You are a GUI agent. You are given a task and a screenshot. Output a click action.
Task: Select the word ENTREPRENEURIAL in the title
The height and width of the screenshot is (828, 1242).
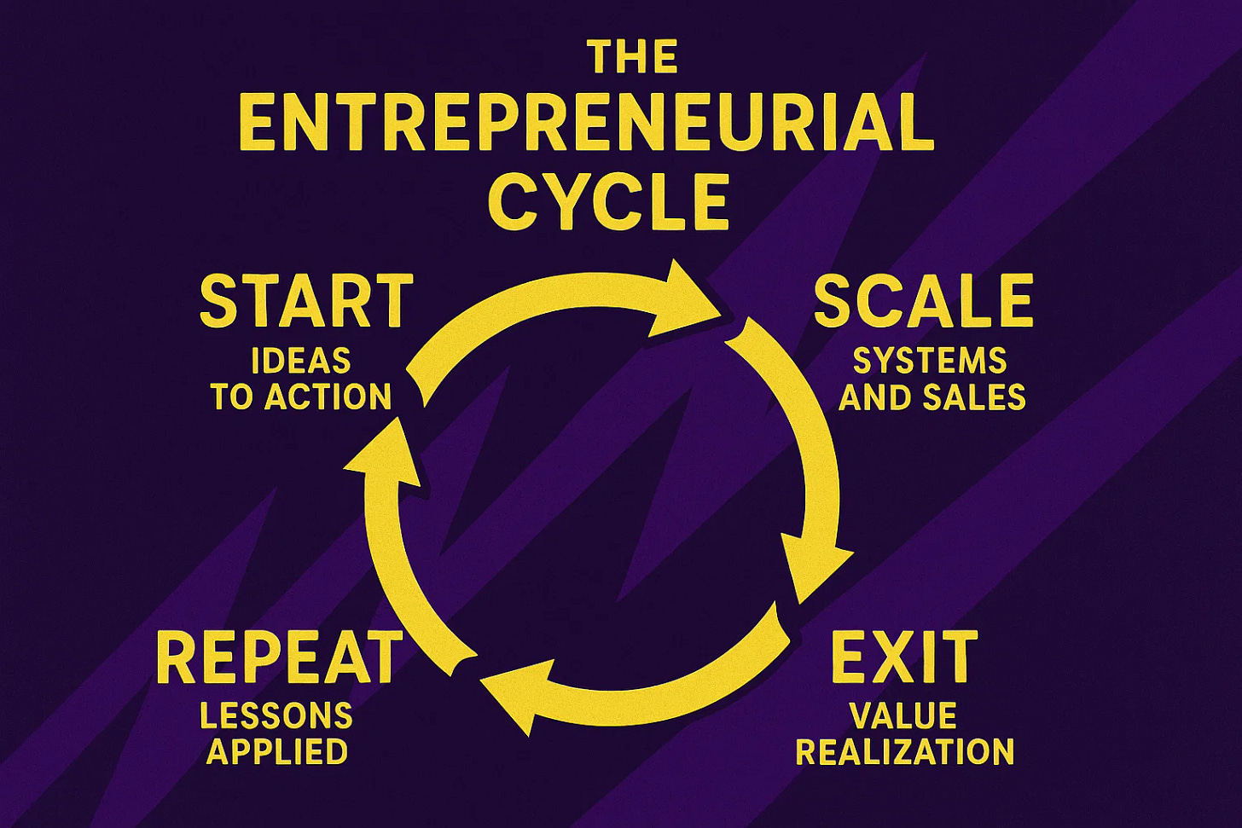pyautogui.click(x=588, y=124)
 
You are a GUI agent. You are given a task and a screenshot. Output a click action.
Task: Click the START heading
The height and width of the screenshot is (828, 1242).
pyautogui.click(x=306, y=303)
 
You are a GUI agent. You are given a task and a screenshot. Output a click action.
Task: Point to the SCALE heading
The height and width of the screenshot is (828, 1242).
pyautogui.click(x=923, y=303)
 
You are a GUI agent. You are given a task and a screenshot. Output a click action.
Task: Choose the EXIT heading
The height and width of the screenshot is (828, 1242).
pyautogui.click(x=904, y=657)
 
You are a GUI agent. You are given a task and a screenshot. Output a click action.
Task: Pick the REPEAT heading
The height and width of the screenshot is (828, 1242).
pyautogui.click(x=279, y=657)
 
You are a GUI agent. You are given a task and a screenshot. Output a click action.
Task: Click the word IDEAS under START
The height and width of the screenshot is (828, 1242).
pyautogui.click(x=301, y=362)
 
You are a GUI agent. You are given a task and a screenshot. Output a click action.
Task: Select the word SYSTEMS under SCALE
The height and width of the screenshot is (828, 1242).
pyautogui.click(x=930, y=362)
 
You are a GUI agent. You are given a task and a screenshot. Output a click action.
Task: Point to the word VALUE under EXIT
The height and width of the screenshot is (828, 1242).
pyautogui.click(x=902, y=715)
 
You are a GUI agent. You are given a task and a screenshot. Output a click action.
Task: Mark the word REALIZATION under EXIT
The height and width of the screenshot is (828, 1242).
pyautogui.click(x=905, y=752)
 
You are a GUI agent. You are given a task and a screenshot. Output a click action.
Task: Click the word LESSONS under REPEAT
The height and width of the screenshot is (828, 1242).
pyautogui.click(x=276, y=715)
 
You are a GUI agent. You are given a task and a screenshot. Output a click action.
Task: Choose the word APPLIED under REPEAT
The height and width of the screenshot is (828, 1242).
pyautogui.click(x=277, y=752)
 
